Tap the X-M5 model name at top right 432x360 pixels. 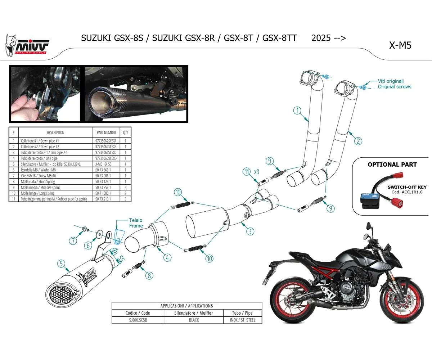[400, 45]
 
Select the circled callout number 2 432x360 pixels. [357, 141]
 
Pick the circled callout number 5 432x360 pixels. [62, 265]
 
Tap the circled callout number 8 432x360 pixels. [149, 276]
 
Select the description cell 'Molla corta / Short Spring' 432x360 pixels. [38, 181]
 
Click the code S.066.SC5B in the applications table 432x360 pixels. [138, 320]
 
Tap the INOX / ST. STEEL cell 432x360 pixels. [242, 320]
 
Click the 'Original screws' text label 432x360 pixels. [394, 87]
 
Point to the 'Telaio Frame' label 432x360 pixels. [136, 223]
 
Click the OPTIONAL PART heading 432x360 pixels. [392, 165]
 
